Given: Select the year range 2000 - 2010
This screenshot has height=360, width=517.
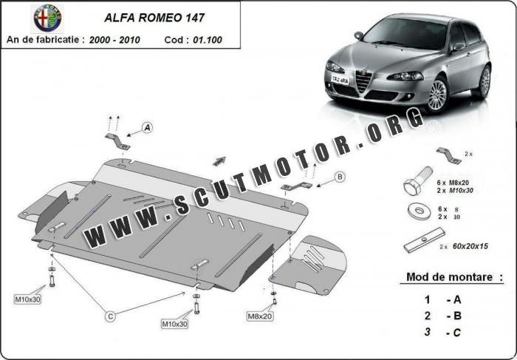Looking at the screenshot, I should pyautogui.click(x=114, y=39).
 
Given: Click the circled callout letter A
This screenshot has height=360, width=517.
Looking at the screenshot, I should pyautogui.click(x=147, y=128).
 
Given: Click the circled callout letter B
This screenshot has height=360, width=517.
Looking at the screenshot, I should pyautogui.click(x=340, y=176).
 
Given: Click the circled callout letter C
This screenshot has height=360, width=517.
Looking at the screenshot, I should pyautogui.click(x=110, y=316).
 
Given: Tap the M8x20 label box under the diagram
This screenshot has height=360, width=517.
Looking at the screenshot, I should pyautogui.click(x=260, y=316).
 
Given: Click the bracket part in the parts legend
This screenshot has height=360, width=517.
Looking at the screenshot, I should pyautogui.click(x=448, y=154).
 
